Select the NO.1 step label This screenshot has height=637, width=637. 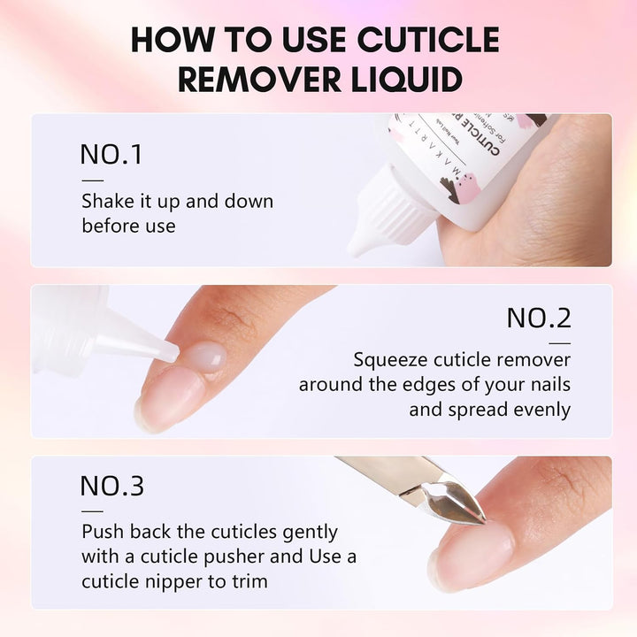point(111,154)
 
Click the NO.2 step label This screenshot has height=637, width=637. point(539,318)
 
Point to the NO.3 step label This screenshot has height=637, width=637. point(112,486)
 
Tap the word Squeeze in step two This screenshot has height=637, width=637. point(390,360)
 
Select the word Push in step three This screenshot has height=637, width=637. point(100,533)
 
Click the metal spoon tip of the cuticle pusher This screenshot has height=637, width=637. point(460,501)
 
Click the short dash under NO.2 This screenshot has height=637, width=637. point(559,342)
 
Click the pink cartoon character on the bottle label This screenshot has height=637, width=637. point(463,182)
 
